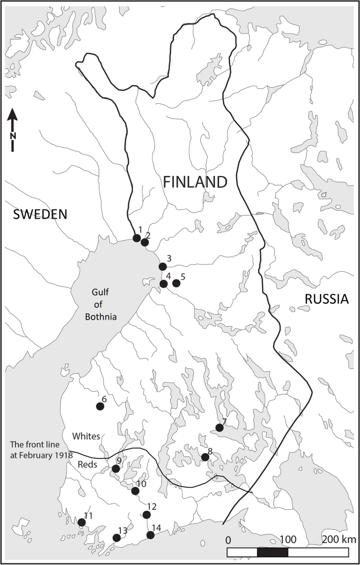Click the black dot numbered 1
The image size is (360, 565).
(137, 238)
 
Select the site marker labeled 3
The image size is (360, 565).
(162, 266)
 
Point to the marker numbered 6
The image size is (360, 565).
(100, 406)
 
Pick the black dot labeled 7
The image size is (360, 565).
(220, 428)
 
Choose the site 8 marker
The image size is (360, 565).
(205, 457)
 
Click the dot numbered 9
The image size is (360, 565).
(116, 468)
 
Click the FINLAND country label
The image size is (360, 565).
(195, 182)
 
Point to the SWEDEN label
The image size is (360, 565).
(41, 214)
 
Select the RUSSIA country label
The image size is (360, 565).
(326, 299)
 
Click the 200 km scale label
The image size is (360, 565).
(340, 540)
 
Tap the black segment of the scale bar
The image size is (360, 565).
(272, 552)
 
